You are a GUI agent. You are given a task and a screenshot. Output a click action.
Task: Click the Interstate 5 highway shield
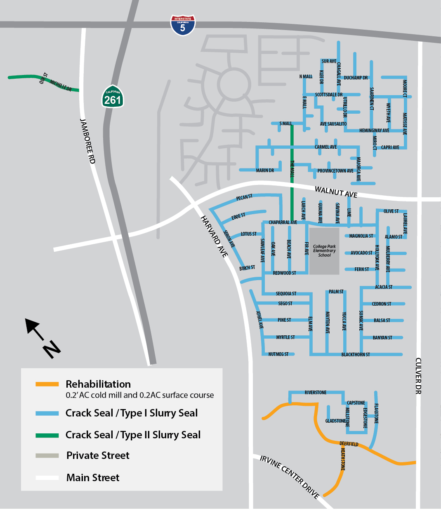click(183, 25)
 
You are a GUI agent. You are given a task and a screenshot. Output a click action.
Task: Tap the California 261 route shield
click(113, 97)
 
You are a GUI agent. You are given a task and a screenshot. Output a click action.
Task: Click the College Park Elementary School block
click(324, 250)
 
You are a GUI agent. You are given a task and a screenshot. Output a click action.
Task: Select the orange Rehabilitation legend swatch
click(47, 384)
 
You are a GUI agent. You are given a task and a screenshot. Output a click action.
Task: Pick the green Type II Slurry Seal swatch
click(47, 435)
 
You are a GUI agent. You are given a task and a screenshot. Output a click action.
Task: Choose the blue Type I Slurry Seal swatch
click(47, 413)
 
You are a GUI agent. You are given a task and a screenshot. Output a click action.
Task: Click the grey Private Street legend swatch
click(47, 456)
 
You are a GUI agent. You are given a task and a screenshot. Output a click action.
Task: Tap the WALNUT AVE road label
click(336, 192)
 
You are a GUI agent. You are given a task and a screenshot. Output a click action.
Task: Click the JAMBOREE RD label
click(87, 141)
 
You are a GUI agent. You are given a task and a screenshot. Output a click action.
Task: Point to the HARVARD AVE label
click(214, 236)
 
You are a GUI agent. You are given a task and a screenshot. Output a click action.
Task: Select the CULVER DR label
click(418, 376)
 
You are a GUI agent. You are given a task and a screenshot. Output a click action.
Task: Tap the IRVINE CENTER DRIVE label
click(290, 477)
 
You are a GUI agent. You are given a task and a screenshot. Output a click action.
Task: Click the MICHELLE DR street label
click(61, 86)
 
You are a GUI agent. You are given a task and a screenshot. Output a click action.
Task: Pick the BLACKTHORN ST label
click(356, 355)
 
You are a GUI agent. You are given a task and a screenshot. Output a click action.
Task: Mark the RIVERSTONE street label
click(316, 393)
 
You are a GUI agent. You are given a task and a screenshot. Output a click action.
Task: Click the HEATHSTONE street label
click(343, 459)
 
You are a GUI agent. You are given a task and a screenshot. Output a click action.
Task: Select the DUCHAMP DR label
click(356, 77)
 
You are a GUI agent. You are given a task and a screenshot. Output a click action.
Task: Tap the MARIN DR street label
click(265, 171)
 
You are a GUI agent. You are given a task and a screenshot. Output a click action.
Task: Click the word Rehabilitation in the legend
click(98, 384)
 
